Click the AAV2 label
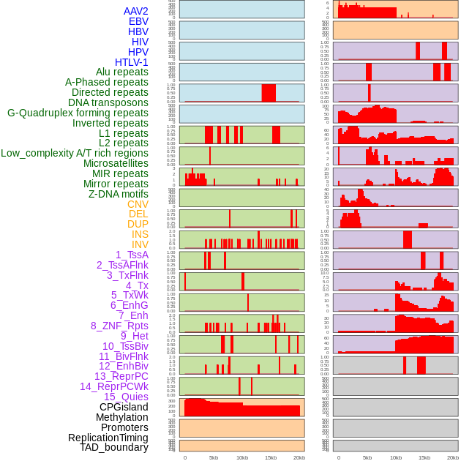pyautogui.click(x=135, y=11)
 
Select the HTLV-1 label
pyautogui.click(x=131, y=62)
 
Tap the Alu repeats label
pyautogui.click(x=122, y=72)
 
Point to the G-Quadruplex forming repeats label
pyautogui.click(x=78, y=113)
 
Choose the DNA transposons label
pyautogui.click(x=108, y=102)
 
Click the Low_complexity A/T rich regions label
pyautogui.click(x=75, y=153)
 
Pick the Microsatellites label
pyautogui.click(x=116, y=163)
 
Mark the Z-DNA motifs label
pyautogui.click(x=118, y=194)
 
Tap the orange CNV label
pyautogui.click(x=138, y=204)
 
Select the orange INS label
pyautogui.click(x=139, y=234)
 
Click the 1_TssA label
pyautogui.click(x=132, y=255)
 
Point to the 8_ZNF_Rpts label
pyautogui.click(x=119, y=326)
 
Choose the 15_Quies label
pyautogui.click(x=126, y=397)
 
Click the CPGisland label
pyautogui.click(x=124, y=407)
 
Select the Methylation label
pyautogui.click(x=121, y=417)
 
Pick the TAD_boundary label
pyautogui.click(x=114, y=447)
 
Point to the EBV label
pyautogui.click(x=138, y=21)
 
